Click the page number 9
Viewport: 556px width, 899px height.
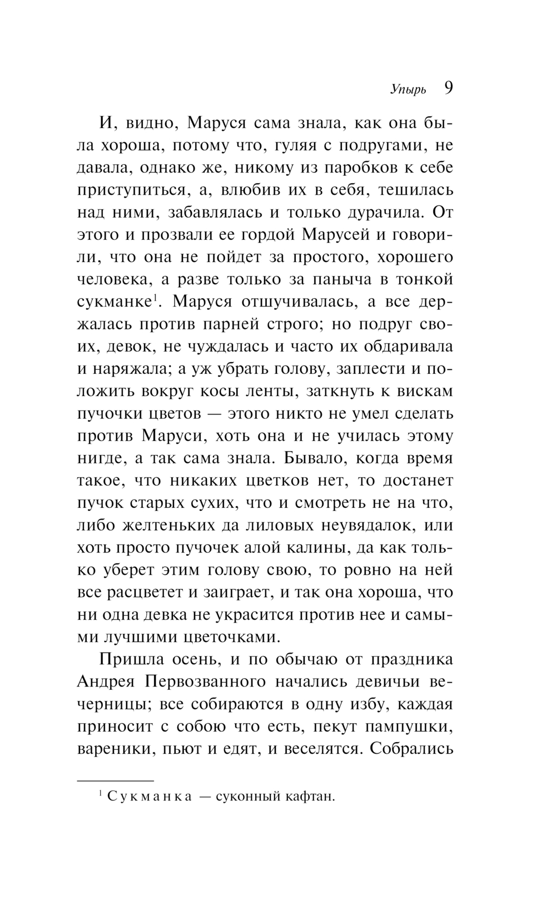pos(448,89)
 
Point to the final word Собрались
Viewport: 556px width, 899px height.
pos(411,749)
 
